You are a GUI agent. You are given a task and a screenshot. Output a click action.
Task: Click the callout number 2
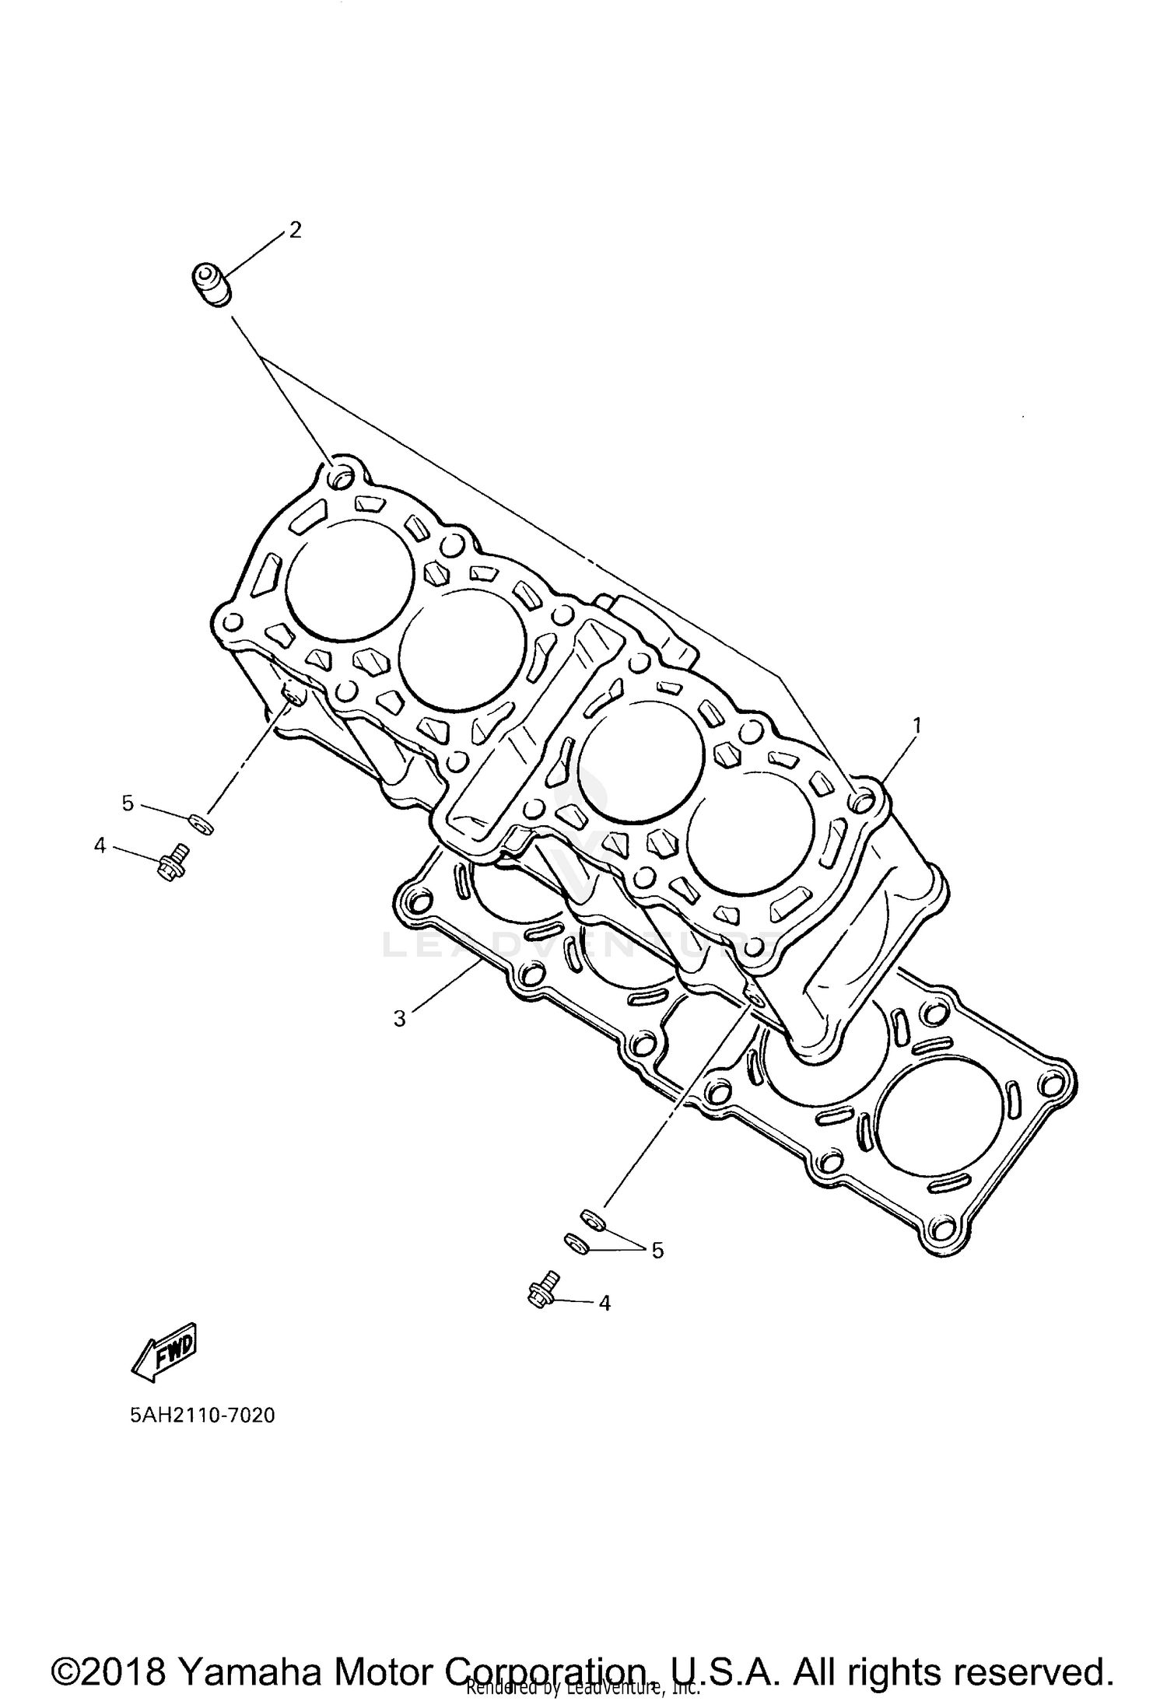295,230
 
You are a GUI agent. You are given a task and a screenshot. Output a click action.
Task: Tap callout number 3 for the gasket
400,1018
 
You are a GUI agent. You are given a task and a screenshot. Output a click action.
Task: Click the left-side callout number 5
128,803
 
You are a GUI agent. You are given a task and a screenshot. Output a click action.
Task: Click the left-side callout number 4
100,845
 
